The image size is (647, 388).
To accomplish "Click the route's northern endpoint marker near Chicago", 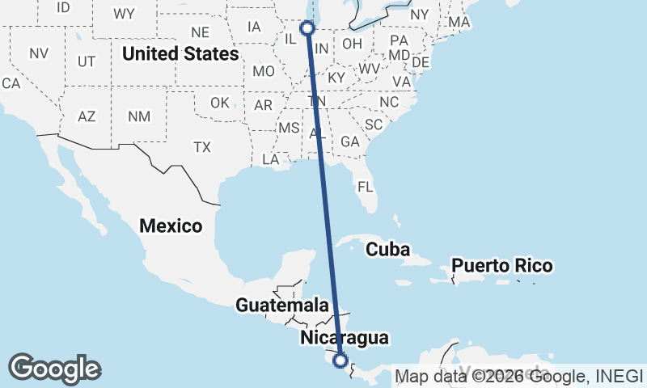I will (x=307, y=28).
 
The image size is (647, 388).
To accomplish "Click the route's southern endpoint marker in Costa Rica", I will (x=340, y=361).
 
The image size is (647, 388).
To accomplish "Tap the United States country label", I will (x=180, y=54).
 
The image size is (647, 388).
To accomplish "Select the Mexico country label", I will (x=171, y=226).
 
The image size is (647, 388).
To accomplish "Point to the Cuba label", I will (x=387, y=249).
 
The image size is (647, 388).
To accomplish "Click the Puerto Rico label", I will (x=501, y=265).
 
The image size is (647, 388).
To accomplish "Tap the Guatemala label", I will (x=282, y=306).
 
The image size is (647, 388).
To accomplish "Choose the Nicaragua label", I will (x=344, y=338).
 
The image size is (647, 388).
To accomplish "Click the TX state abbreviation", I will (x=201, y=147).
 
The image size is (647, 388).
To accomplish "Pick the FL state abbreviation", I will (x=366, y=187).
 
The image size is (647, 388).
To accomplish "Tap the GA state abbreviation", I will (x=349, y=141).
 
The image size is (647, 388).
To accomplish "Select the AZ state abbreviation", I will (x=87, y=116).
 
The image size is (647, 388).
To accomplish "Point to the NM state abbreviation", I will (x=139, y=116).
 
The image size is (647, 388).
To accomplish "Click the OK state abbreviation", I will (x=220, y=103).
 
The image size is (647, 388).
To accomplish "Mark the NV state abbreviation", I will (x=39, y=53).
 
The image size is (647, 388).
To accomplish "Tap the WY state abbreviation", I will (x=124, y=13).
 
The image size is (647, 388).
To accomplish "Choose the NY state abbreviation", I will (x=420, y=15).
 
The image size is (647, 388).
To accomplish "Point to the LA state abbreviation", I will (x=271, y=160).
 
